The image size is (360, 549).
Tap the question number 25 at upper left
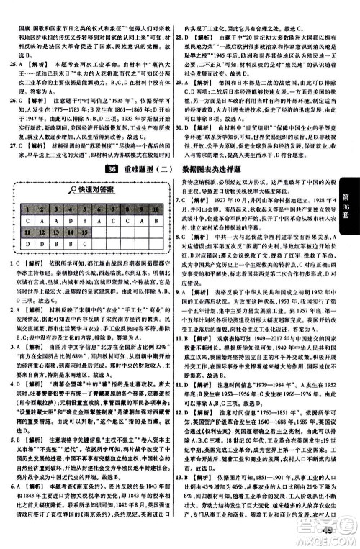[x=7, y=63]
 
